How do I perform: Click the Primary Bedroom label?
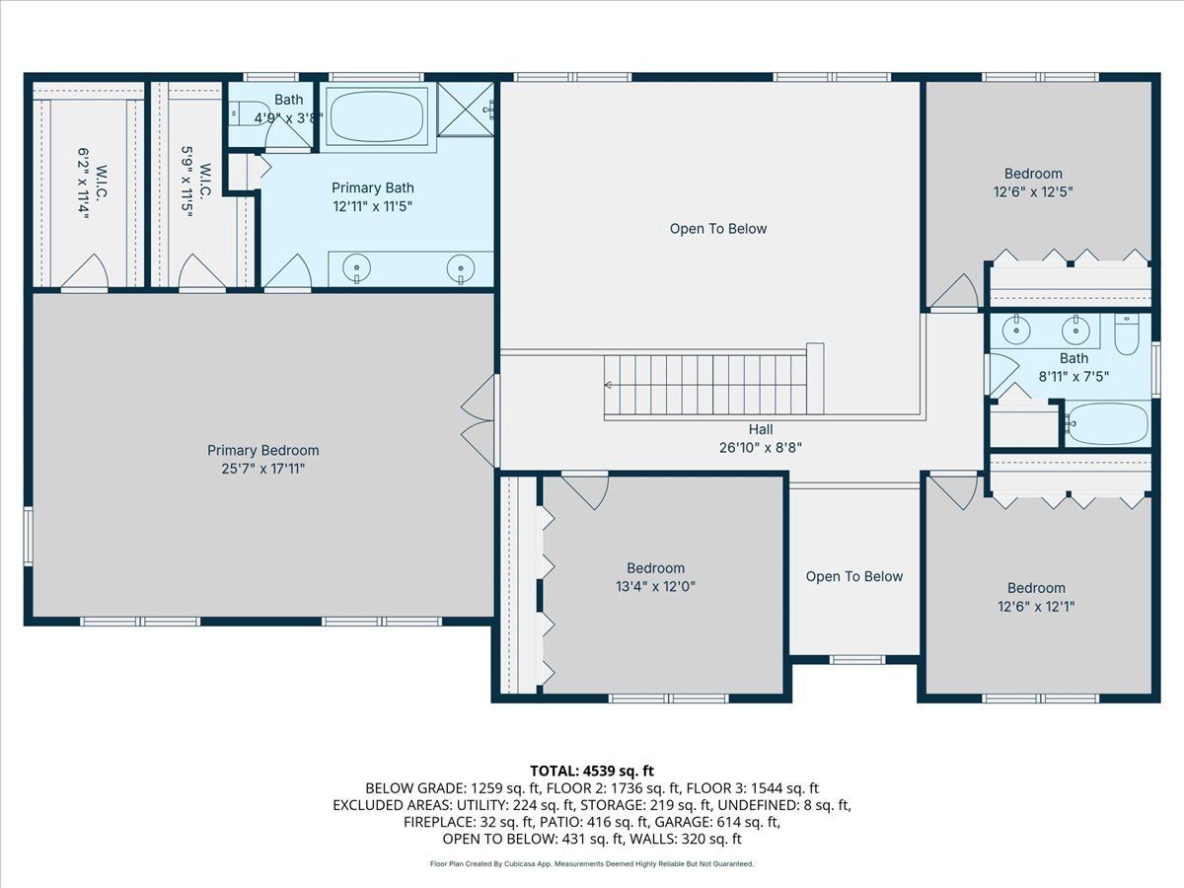[x=263, y=450]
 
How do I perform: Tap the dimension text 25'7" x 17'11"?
[x=263, y=469]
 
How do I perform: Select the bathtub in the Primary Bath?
[x=377, y=116]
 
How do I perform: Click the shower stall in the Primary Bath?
[x=466, y=110]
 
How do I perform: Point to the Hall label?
[x=761, y=430]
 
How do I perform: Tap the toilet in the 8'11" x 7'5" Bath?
[x=1127, y=334]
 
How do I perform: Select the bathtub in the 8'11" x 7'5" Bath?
[x=1108, y=424]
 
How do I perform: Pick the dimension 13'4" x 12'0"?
[x=655, y=586]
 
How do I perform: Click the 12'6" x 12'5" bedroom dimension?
[x=1033, y=192]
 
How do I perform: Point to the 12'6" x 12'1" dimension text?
[x=1036, y=607]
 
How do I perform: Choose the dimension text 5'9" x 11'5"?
[x=186, y=182]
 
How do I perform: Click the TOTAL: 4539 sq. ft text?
[x=592, y=771]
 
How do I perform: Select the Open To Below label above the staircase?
[x=718, y=229]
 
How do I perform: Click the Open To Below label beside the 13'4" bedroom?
[x=853, y=576]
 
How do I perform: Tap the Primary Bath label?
[x=373, y=188]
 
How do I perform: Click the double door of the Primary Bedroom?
[x=479, y=421]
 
